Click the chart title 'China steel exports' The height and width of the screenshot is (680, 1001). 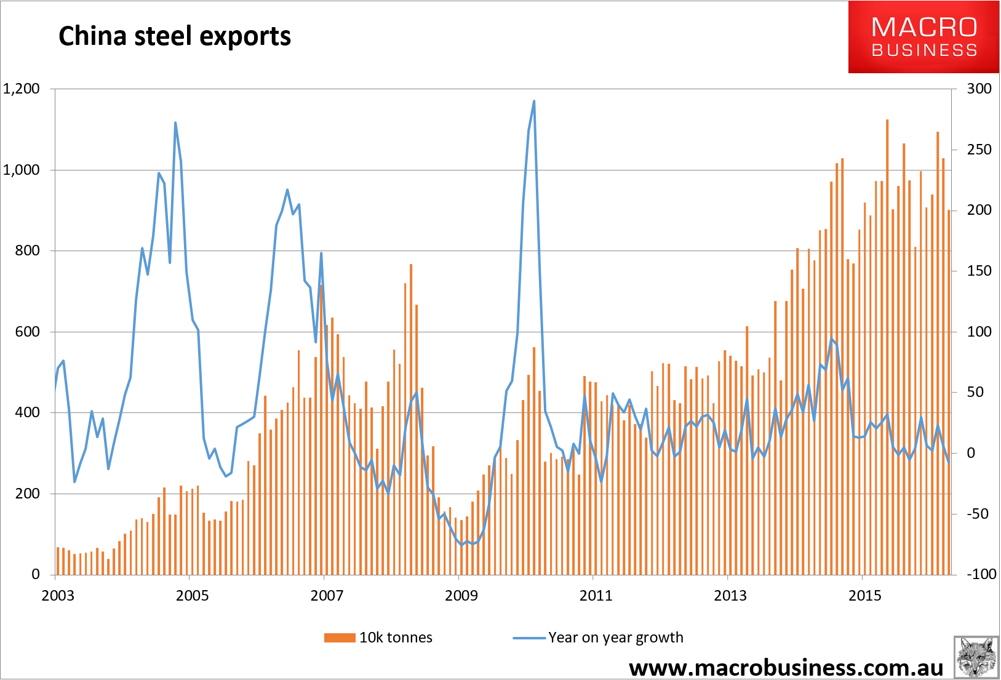(174, 36)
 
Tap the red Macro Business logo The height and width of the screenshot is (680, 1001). (923, 37)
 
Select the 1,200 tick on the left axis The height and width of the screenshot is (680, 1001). (22, 89)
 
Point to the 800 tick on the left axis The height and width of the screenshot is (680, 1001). (28, 251)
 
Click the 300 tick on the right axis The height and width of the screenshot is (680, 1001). (979, 89)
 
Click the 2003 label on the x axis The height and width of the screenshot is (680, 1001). (58, 596)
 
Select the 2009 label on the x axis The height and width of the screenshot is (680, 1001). (461, 596)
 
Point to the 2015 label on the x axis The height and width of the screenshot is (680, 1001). (865, 596)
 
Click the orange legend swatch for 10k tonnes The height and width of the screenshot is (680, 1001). (340, 638)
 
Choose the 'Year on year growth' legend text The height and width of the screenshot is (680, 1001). (616, 638)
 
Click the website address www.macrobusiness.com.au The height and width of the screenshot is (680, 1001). (786, 668)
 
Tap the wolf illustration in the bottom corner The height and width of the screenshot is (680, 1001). (976, 658)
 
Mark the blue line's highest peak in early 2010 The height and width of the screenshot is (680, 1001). (534, 101)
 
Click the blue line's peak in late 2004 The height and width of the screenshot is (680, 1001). (175, 122)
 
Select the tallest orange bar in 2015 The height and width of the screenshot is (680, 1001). (887, 347)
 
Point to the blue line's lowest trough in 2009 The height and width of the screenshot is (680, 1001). (462, 545)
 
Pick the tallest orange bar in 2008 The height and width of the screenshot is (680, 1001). (411, 419)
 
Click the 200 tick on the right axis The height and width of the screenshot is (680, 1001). (979, 210)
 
